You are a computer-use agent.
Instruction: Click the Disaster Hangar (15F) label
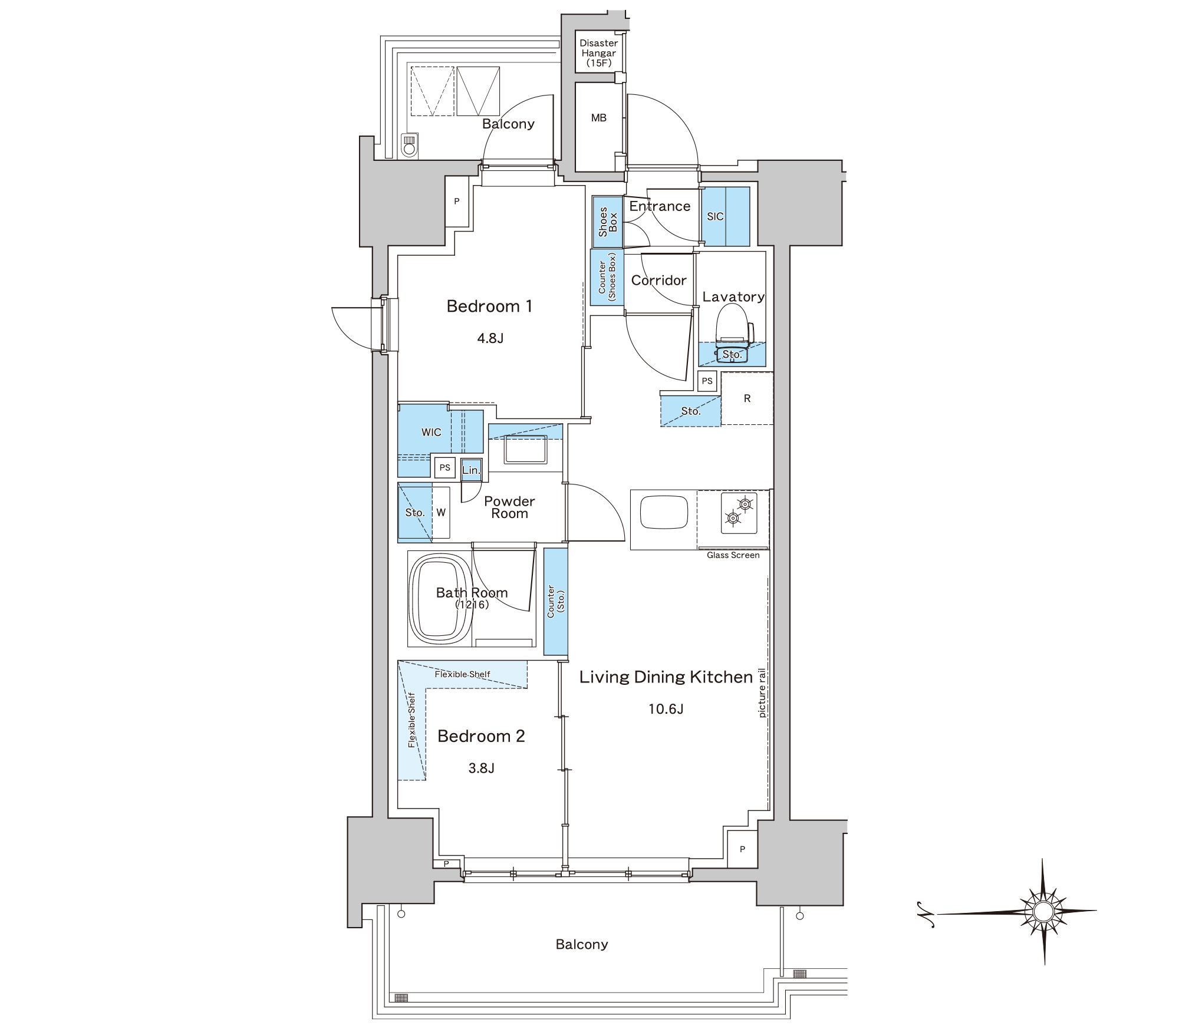(599, 52)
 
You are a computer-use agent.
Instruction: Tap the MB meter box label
(599, 118)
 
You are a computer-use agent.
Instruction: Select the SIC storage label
(715, 216)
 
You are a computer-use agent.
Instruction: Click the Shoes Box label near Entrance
(608, 222)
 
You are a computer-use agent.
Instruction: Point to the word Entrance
(660, 206)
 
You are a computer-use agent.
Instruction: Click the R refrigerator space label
(747, 398)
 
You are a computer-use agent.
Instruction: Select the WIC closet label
(431, 432)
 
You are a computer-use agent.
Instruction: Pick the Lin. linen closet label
(471, 470)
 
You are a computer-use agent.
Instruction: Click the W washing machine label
(441, 513)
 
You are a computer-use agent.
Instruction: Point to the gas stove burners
(739, 511)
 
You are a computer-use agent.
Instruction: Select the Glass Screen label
(733, 555)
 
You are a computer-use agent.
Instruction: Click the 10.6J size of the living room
(666, 709)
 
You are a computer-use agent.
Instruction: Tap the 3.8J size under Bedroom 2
(482, 768)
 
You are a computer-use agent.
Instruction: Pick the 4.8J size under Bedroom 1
(490, 338)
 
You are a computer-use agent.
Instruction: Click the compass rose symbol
(1043, 911)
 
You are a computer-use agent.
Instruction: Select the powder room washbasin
(525, 449)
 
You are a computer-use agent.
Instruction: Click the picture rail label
(762, 693)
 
